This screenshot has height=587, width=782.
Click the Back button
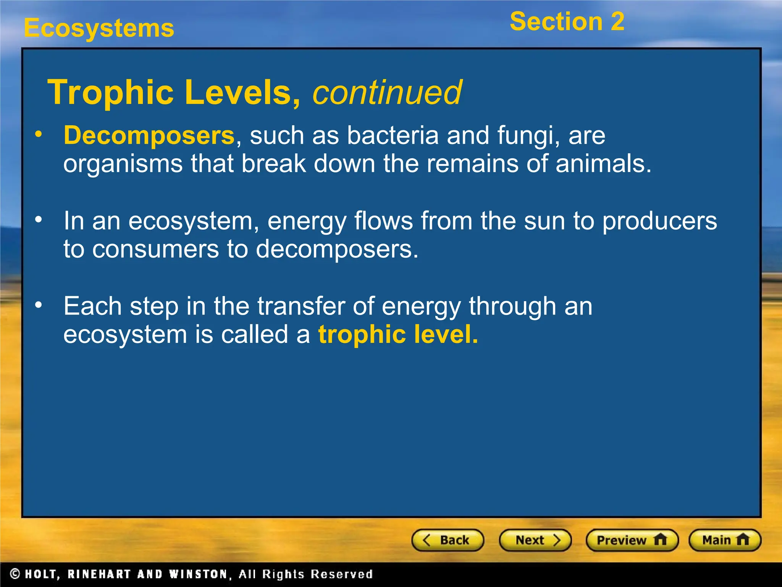pos(448,540)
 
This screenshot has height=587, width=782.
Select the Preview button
pos(632,540)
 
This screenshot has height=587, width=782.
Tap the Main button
pos(725,540)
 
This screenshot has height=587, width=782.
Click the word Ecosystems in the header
pos(99,28)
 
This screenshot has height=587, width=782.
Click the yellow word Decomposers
pos(149,135)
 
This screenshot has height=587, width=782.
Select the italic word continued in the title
pos(387,92)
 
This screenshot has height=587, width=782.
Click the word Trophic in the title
pos(111,92)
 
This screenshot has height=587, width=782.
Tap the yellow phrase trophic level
pos(398,334)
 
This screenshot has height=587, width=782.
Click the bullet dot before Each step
pos(38,305)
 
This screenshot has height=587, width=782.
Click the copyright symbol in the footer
pos(15,574)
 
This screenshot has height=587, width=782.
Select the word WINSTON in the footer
pos(199,574)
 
